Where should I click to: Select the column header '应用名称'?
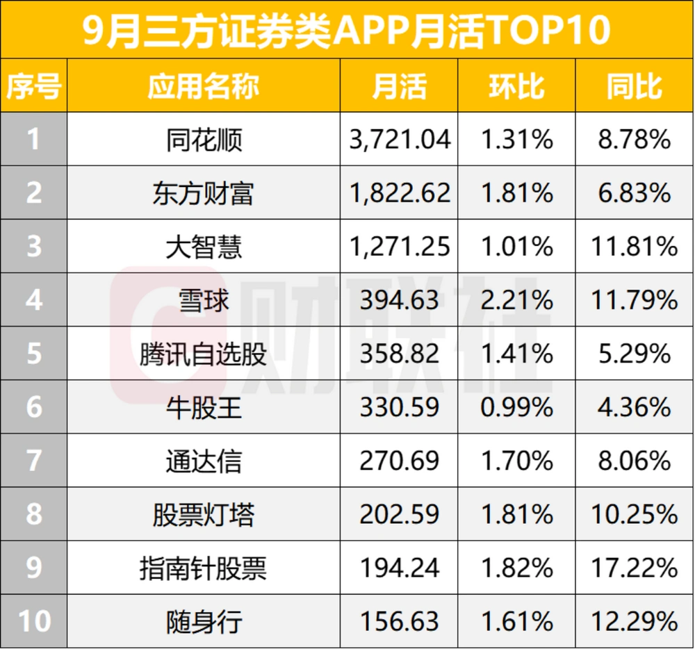(204, 86)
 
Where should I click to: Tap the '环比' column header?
(516, 86)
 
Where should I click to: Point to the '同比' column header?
(635, 86)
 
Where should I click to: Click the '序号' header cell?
(33, 86)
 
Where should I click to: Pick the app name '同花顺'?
(204, 140)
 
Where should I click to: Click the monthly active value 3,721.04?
(400, 140)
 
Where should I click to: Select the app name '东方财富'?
(204, 193)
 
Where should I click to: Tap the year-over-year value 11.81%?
(635, 247)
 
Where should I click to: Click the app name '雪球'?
(204, 300)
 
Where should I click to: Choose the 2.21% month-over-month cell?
(516, 300)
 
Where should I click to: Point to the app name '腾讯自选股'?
(204, 354)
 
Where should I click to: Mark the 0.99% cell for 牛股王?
(516, 407)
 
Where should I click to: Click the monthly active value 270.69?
(400, 461)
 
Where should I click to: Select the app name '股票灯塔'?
(204, 514)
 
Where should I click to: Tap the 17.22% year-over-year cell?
(635, 568)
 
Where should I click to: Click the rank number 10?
(33, 621)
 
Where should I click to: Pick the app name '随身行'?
(204, 621)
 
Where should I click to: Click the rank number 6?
(33, 407)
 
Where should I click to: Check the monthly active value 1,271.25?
(400, 247)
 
